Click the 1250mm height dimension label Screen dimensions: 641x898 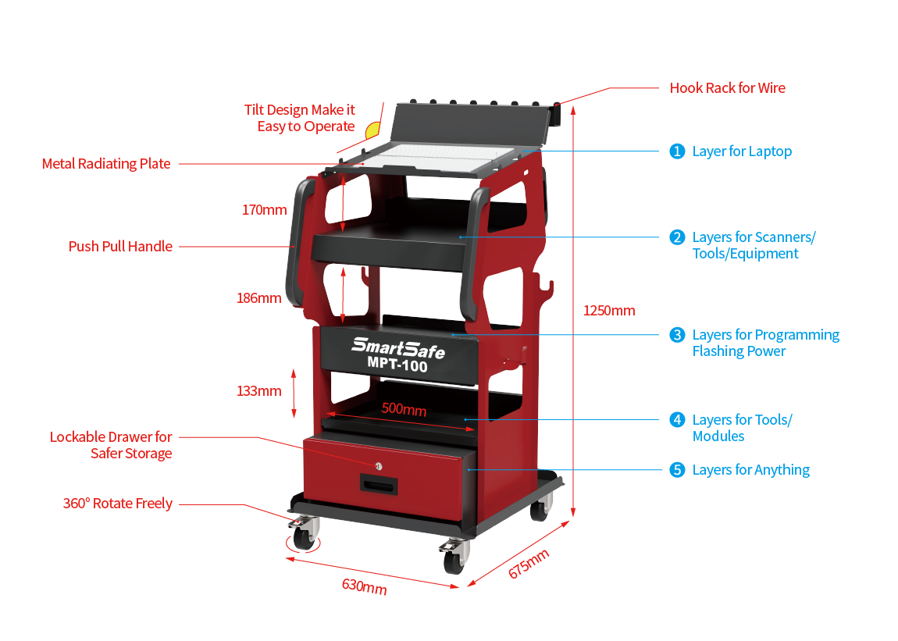609,311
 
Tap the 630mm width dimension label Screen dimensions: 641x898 364,586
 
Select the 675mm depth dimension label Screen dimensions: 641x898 529,563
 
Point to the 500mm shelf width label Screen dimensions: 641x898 404,410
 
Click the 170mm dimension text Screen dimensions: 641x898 264,210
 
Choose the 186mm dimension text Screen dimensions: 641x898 258,297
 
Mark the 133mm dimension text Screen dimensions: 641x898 258,391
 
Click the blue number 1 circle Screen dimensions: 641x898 677,151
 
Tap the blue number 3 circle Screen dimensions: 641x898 677,335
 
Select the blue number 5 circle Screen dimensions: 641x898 677,470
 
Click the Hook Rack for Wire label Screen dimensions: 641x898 727,88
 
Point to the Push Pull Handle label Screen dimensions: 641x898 121,247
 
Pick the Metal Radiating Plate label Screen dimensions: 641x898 106,164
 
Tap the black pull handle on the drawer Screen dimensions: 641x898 379,484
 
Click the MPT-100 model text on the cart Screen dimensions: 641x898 397,364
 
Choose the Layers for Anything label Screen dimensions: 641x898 750,470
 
